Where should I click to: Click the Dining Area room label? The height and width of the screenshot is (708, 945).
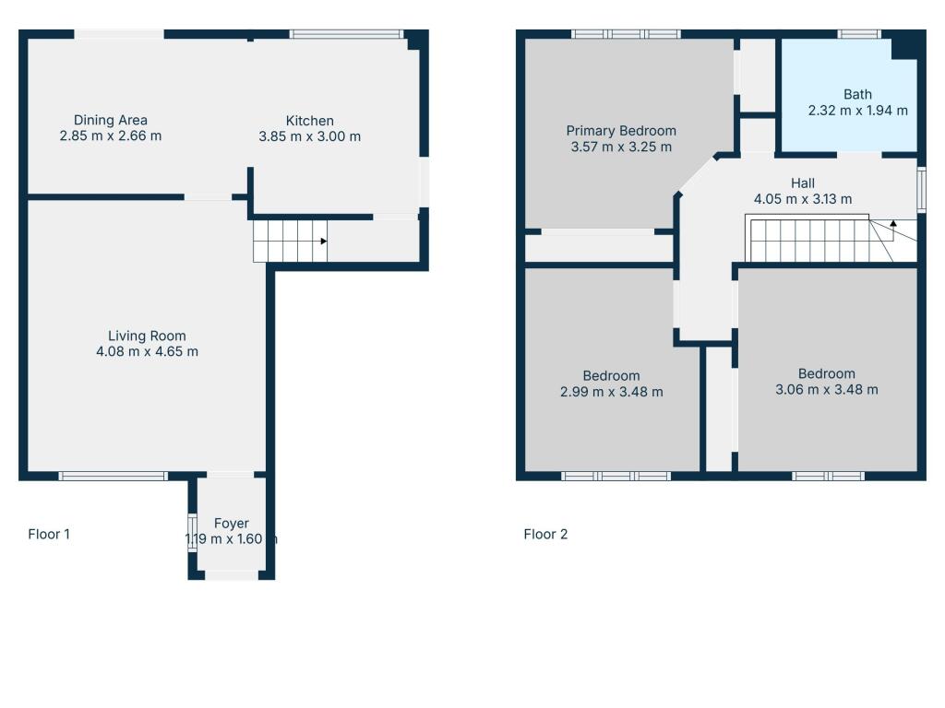[111, 120]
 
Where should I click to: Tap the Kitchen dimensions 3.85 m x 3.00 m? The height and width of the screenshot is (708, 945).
[309, 136]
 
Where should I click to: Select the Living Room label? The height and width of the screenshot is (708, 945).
[147, 336]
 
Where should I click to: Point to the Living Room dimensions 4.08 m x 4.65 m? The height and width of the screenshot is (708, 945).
[147, 351]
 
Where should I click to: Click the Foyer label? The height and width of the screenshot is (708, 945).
[231, 524]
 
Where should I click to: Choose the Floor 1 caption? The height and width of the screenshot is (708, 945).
[49, 534]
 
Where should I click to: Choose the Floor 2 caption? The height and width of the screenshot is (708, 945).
[545, 534]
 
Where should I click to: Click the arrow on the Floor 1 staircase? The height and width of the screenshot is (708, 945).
[323, 242]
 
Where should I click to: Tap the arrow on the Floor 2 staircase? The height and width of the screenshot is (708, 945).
[892, 224]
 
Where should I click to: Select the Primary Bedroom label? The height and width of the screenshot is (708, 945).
[621, 131]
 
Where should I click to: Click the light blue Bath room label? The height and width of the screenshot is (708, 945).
[857, 94]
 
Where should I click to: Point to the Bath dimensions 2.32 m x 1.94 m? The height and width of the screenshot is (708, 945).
[857, 110]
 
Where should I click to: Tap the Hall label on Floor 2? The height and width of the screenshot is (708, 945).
[802, 183]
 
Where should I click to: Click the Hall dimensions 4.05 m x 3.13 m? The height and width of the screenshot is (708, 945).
[802, 198]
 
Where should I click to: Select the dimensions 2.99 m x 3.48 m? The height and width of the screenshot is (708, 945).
[611, 392]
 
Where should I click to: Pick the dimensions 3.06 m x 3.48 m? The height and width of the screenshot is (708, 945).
[826, 389]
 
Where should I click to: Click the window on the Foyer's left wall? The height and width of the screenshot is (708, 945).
[192, 532]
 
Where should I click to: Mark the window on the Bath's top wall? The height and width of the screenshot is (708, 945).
[858, 35]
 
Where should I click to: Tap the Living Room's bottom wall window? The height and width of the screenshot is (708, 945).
[113, 476]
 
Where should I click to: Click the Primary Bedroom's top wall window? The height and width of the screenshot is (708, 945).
[625, 35]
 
